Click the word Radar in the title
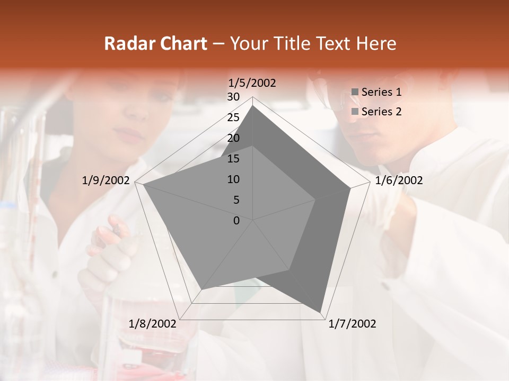point(125,44)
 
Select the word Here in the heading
point(376,44)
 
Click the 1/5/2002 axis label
point(252,83)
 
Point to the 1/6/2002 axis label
point(399,180)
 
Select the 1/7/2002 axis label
point(352,324)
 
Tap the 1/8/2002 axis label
point(153,324)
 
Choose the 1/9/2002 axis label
point(106,180)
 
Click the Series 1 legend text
point(381,92)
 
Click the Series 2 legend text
point(381,112)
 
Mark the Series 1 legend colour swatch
point(355,93)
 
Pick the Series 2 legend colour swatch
point(355,112)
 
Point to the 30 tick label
point(233,97)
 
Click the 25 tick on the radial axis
point(233,117)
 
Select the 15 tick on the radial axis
point(233,159)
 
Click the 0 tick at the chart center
point(236,221)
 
